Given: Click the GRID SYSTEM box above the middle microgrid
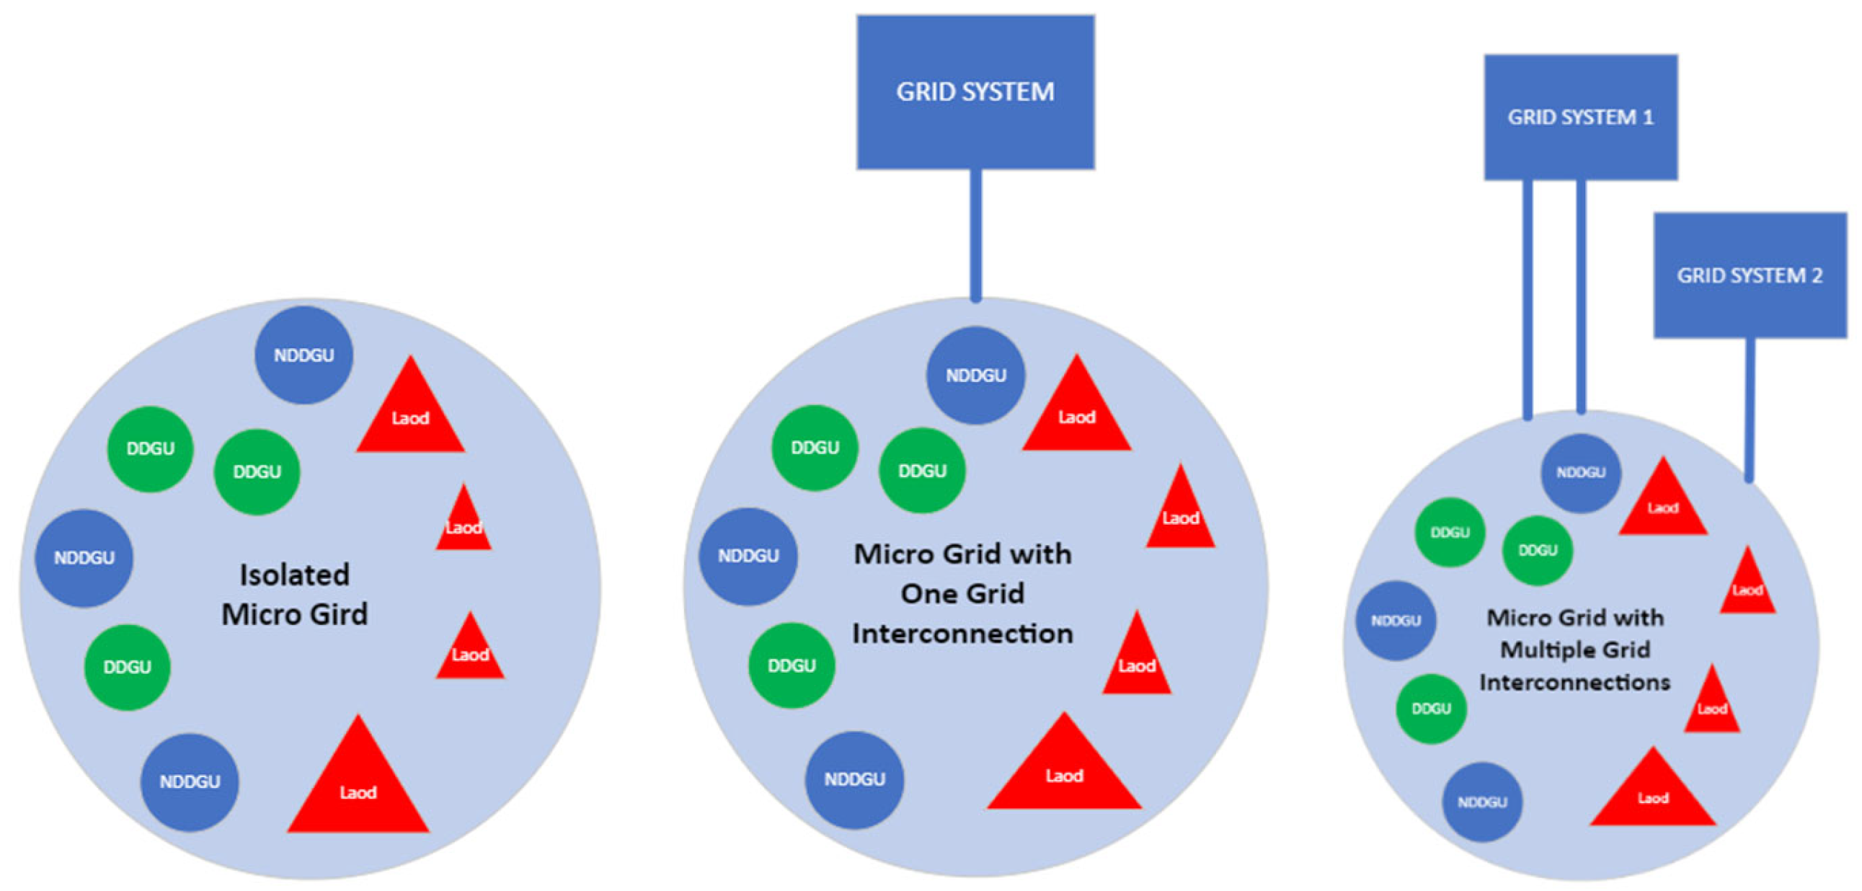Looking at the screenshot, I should pos(975,92).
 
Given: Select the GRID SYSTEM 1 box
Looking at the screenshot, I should pos(1580,116).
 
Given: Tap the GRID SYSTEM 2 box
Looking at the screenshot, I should pos(1750,275).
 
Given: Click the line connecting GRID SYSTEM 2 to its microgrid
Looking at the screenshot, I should pos(1750,408).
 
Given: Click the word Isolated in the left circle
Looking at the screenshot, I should pos(294,575).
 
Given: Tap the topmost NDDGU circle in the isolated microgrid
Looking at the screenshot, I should pos(303,355).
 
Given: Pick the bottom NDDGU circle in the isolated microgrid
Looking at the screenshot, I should pos(190,781).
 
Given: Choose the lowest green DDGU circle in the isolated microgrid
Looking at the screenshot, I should pos(127,666).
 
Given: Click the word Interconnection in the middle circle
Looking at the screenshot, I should pos(962,634).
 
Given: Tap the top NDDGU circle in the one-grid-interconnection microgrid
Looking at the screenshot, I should pos(975,375).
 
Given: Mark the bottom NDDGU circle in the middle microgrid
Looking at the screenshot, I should pos(854,779).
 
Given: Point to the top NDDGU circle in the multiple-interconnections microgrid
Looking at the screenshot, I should pos(1581,473).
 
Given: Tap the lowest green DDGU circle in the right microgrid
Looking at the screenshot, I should pos(1431,708).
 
